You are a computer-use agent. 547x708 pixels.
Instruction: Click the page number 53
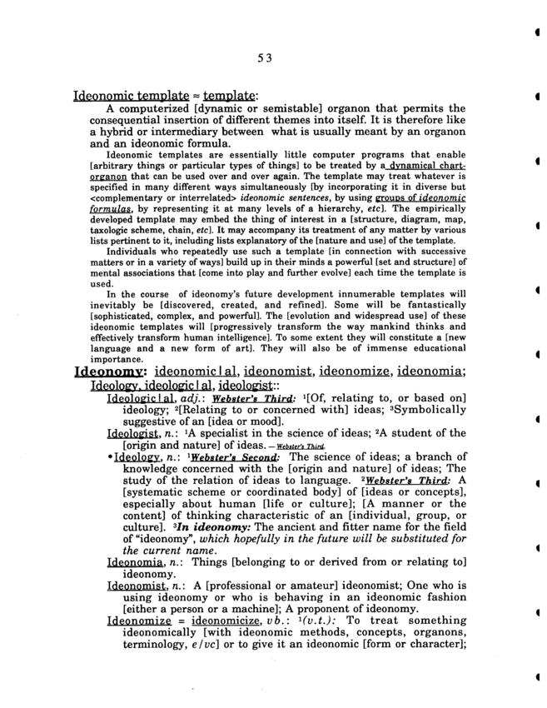point(265,57)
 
